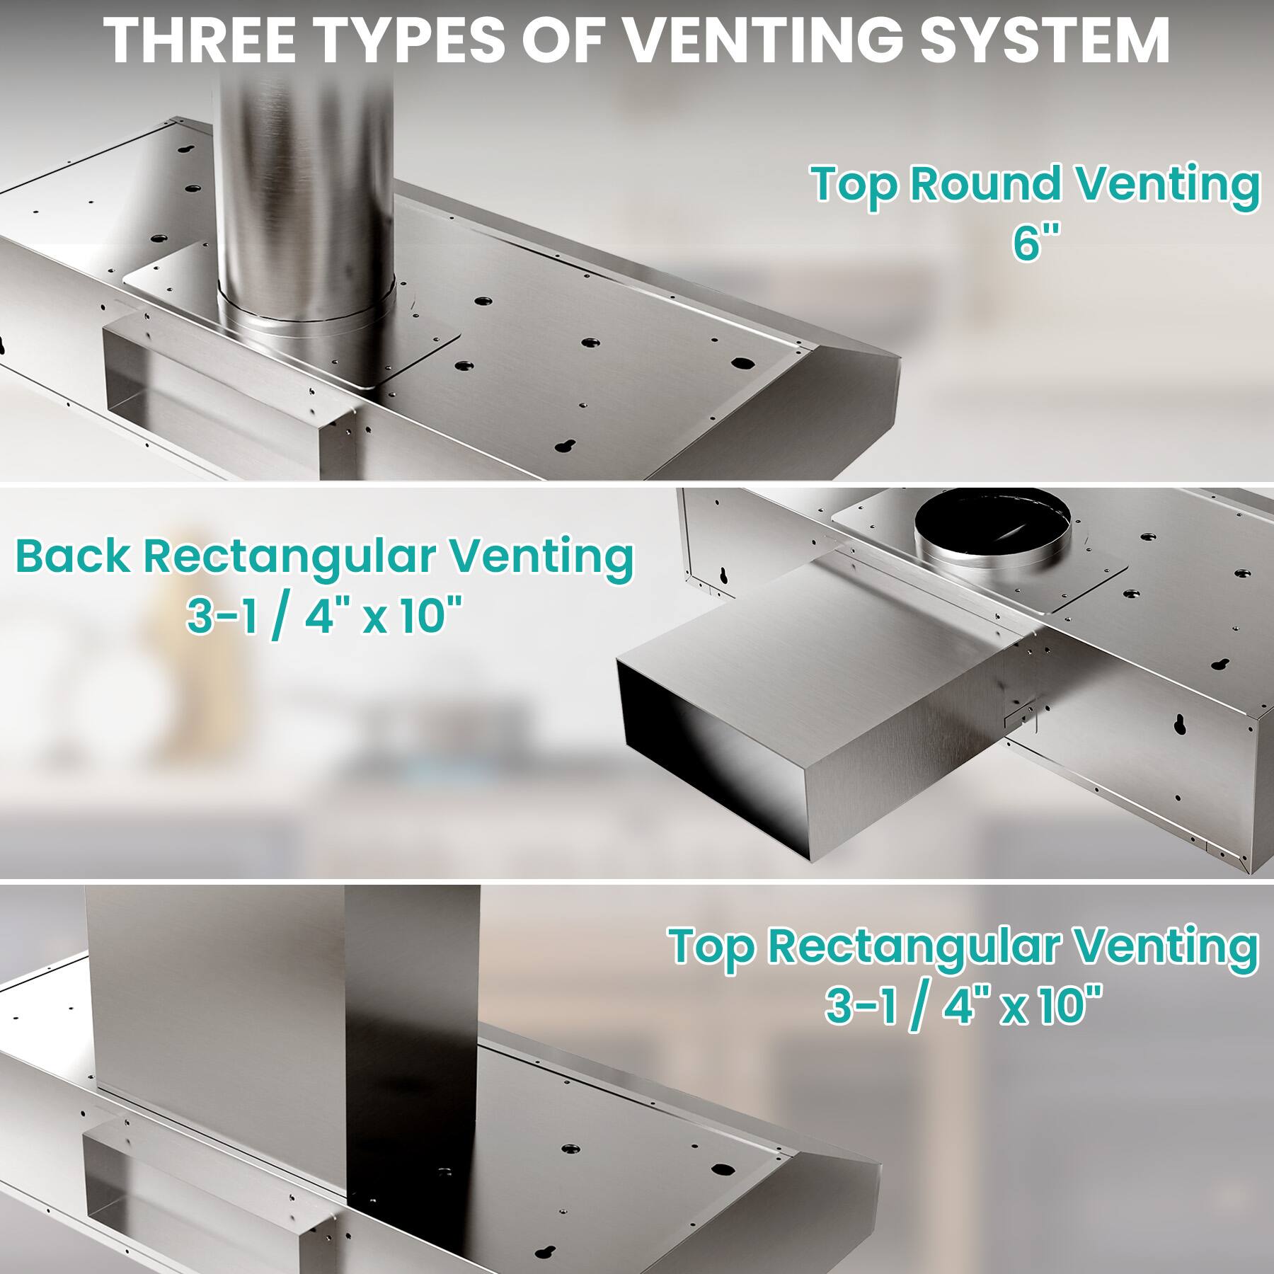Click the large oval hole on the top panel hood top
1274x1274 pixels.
[x=741, y=364]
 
